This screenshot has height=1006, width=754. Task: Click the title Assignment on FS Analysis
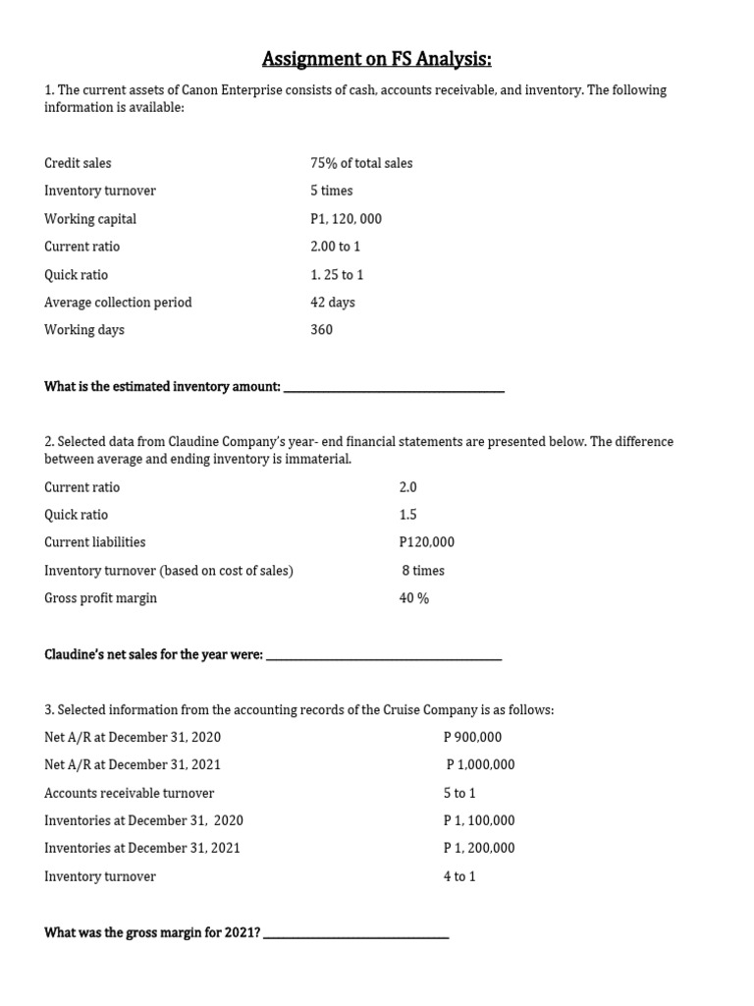point(377,60)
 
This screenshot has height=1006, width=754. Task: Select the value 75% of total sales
point(361,163)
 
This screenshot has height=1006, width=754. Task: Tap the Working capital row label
point(90,219)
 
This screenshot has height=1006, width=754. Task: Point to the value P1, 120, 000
point(346,219)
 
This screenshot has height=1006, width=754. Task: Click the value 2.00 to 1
point(335,247)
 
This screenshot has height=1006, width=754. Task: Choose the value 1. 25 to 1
point(337,275)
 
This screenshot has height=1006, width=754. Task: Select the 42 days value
point(332,303)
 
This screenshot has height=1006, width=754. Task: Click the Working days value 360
point(321,330)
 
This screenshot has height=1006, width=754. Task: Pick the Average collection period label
point(118,303)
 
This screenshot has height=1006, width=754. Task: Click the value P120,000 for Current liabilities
point(427,542)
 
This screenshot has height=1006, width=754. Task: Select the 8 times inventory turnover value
point(423,570)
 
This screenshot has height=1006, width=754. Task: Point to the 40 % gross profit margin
point(414,598)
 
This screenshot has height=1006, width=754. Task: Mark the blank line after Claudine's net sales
point(384,657)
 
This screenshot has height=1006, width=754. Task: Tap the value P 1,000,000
point(480,765)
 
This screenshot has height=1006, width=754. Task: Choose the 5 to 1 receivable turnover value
point(459,793)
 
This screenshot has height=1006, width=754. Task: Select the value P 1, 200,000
point(479,848)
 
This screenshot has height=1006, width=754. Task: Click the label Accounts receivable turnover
point(129,793)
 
